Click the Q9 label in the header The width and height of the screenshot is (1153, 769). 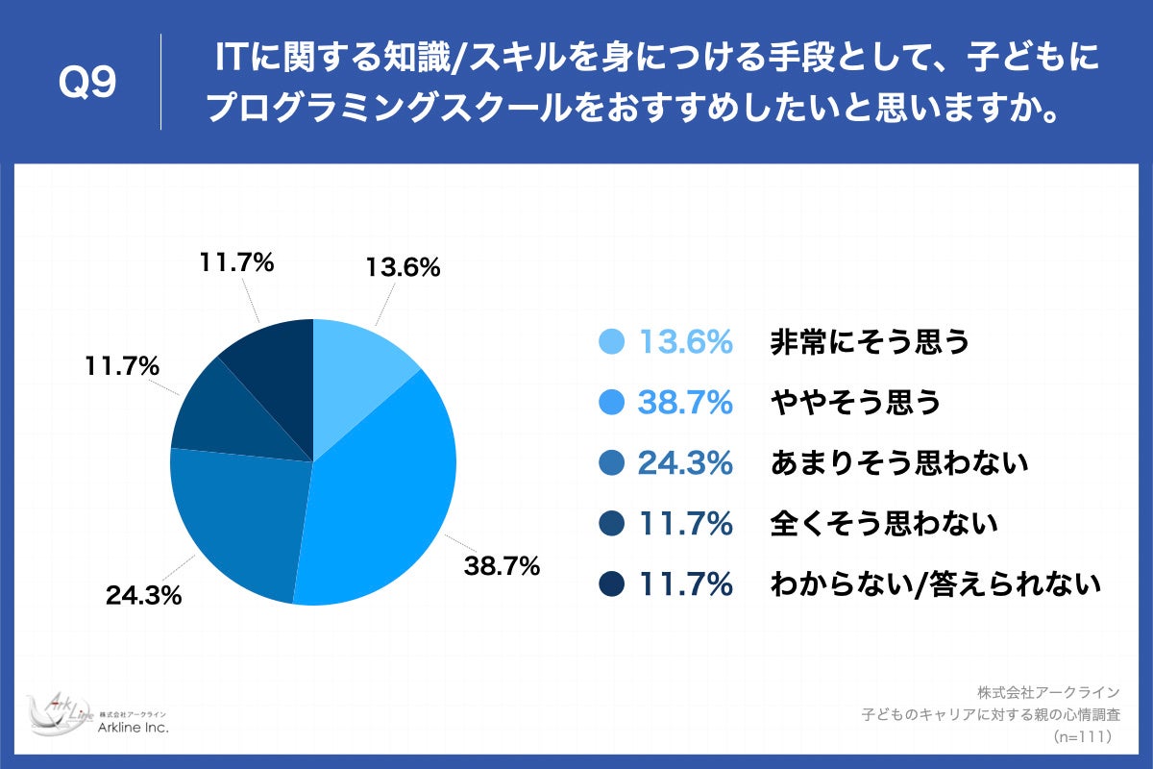tap(87, 84)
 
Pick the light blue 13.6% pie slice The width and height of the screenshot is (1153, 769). tap(356, 360)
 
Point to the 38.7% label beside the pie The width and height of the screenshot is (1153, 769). tap(502, 567)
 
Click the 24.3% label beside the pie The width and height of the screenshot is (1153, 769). tap(144, 596)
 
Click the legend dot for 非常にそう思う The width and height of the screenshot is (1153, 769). tap(612, 342)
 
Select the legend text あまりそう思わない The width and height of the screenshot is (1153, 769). tap(899, 463)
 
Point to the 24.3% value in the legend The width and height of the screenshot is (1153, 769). tap(686, 463)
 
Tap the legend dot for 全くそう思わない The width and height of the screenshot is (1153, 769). tap(612, 524)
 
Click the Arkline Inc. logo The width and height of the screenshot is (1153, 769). tap(96, 716)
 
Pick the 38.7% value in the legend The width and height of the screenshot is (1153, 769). tap(686, 403)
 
